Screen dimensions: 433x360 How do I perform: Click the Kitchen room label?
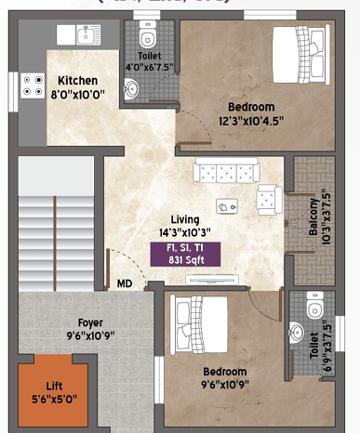(71, 80)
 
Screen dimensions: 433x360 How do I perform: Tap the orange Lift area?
(54, 394)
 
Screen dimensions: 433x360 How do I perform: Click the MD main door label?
(124, 283)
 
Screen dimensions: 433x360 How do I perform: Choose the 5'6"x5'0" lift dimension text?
(54, 400)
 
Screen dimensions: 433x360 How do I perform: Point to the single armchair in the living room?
(270, 196)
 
